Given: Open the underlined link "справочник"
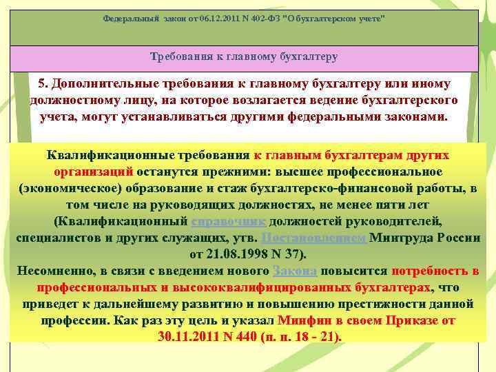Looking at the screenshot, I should point(227,221).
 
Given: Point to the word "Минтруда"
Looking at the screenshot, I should point(404,238).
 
